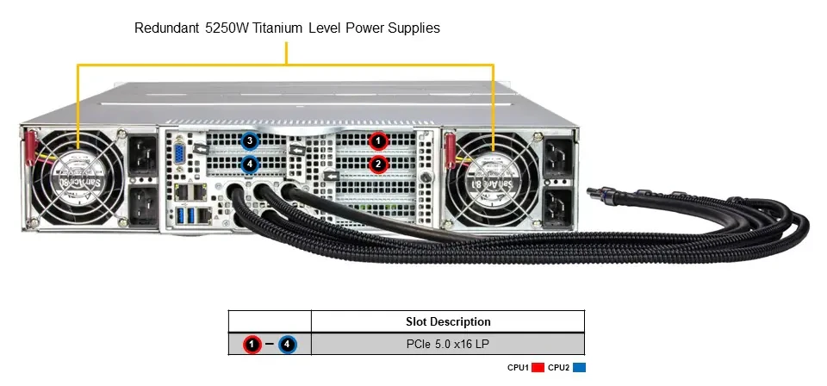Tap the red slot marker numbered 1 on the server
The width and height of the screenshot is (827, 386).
pyautogui.click(x=377, y=141)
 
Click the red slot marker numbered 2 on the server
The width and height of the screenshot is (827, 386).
pyautogui.click(x=377, y=164)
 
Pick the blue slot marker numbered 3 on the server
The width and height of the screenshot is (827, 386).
pyautogui.click(x=249, y=141)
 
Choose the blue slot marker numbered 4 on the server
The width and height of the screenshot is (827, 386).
pyautogui.click(x=249, y=165)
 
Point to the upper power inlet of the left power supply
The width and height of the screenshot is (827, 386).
pyautogui.click(x=142, y=155)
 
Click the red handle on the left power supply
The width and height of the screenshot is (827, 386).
pyautogui.click(x=29, y=149)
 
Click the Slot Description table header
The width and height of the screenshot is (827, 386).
pyautogui.click(x=448, y=321)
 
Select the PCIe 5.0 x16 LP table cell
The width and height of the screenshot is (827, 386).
pyautogui.click(x=448, y=345)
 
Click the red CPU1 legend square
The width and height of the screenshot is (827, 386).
pyautogui.click(x=538, y=368)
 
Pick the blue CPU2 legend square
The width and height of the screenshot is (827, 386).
pyautogui.click(x=579, y=368)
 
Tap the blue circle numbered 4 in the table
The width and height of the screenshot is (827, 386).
pyautogui.click(x=288, y=345)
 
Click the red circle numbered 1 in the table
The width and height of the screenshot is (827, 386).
pyautogui.click(x=252, y=345)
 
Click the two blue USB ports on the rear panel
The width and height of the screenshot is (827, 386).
pyautogui.click(x=187, y=215)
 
